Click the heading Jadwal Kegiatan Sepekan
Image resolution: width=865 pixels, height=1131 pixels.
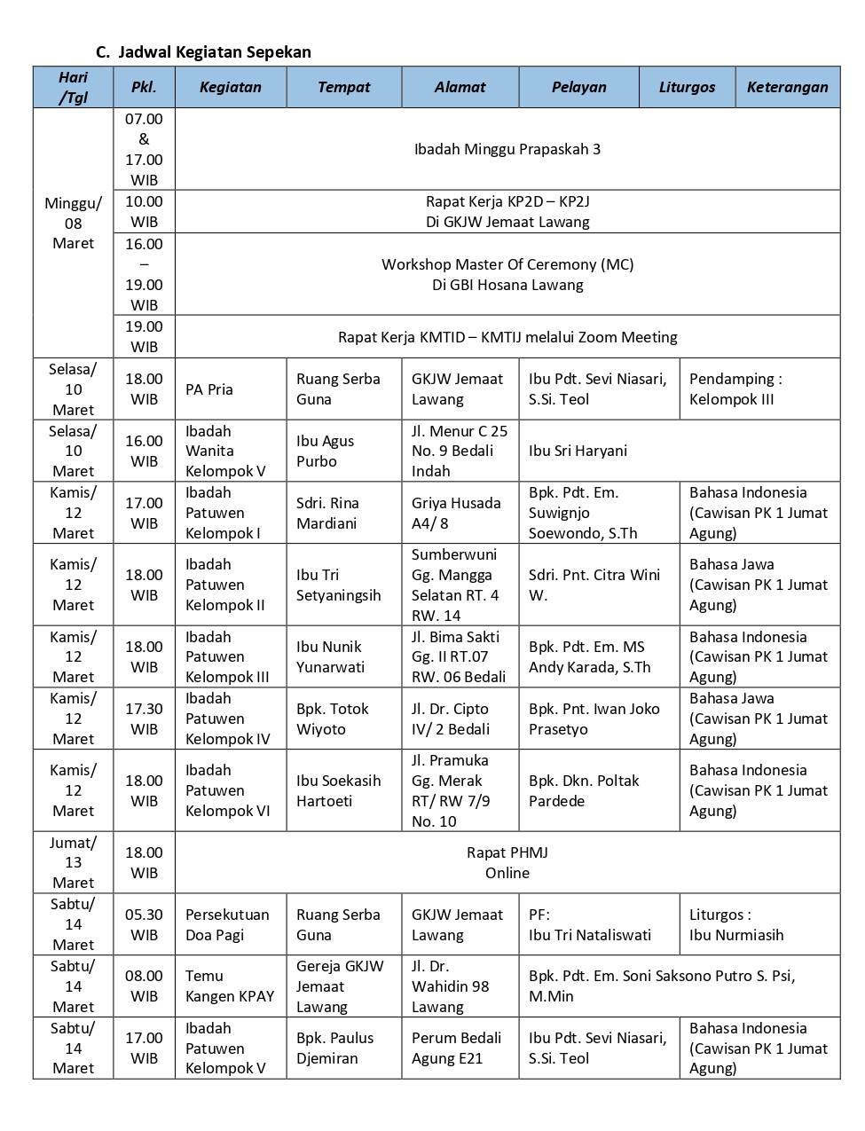click(214, 52)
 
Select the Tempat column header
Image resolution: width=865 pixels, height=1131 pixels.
click(343, 87)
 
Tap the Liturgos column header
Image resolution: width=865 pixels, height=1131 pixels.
click(687, 87)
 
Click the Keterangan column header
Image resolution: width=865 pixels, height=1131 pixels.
click(787, 87)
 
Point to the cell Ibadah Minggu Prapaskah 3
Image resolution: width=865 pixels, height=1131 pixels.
click(507, 149)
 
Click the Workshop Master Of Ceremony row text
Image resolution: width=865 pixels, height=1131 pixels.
click(507, 274)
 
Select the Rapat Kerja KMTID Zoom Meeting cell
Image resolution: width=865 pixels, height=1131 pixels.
click(507, 337)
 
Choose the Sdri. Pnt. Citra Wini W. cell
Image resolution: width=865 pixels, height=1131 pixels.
click(594, 585)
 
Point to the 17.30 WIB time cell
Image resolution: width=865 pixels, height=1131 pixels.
click(144, 719)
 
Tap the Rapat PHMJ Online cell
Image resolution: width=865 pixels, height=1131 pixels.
click(507, 862)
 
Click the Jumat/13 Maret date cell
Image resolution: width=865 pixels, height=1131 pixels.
click(73, 862)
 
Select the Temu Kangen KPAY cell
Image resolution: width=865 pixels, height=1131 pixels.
click(229, 986)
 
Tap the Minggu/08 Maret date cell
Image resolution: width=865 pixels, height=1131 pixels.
click(73, 224)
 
